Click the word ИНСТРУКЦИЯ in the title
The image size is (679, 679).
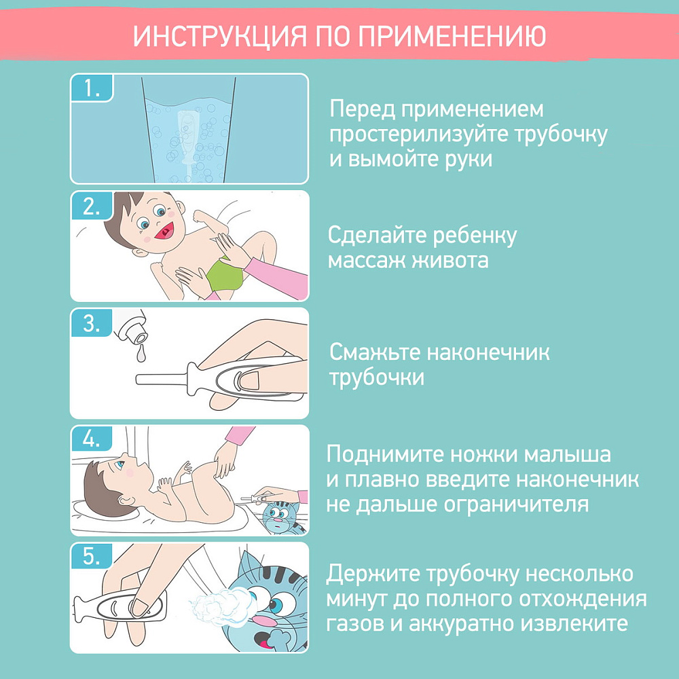[x=220, y=36]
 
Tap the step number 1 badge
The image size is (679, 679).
[x=92, y=88]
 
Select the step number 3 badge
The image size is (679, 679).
[x=92, y=323]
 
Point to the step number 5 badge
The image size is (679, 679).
[x=92, y=557]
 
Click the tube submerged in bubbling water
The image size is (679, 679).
[x=188, y=138]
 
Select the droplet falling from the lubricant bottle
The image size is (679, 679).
[x=141, y=353]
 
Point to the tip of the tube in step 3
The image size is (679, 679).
[x=137, y=380]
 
